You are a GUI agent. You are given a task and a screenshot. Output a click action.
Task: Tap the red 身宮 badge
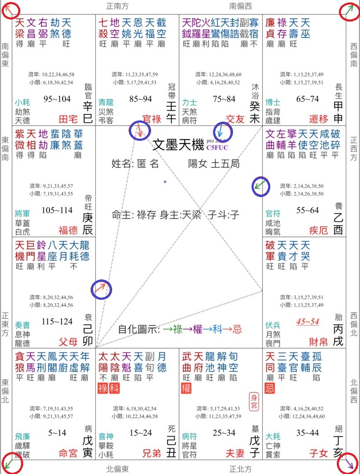[x=254, y=401]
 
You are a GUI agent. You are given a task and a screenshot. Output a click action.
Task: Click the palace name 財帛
[x=319, y=342]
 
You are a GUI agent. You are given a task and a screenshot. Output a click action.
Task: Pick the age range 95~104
[x=57, y=99]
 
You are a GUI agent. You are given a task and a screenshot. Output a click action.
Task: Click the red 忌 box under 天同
[x=270, y=388]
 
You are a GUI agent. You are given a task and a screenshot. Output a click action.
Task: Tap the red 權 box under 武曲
[x=186, y=388]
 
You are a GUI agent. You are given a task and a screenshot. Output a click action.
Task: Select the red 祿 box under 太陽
[x=102, y=388]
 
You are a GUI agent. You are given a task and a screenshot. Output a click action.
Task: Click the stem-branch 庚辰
[x=88, y=224]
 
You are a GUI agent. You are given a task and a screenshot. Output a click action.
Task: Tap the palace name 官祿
[x=151, y=119]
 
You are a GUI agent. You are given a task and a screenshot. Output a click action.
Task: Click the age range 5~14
[x=57, y=433]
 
